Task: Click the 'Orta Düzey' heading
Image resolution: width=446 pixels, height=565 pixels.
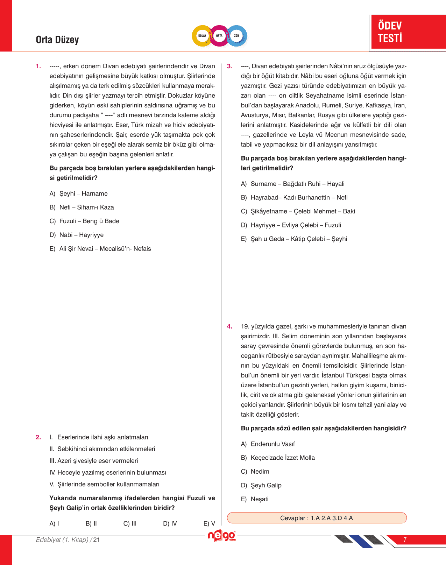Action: (57, 40)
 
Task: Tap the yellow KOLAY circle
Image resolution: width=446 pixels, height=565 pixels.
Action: (202, 36)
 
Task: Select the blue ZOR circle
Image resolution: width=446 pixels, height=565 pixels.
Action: (237, 36)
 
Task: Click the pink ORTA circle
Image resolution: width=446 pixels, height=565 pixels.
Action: (219, 36)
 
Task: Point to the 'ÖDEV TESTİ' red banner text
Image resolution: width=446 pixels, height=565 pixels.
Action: (390, 32)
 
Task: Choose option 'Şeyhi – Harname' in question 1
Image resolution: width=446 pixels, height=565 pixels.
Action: (83, 193)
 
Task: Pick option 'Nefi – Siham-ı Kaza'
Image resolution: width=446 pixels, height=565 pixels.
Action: (86, 207)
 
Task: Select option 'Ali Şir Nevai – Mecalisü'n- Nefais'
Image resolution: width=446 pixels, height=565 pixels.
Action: (105, 249)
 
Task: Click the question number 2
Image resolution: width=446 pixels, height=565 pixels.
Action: (38, 437)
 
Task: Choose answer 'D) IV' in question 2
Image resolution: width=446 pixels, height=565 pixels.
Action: (170, 523)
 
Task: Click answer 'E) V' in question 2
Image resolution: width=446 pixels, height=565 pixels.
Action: (209, 523)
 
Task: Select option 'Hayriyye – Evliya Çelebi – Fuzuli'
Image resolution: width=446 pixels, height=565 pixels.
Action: (296, 225)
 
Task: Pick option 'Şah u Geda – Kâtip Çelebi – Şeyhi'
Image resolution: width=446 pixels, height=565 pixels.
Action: (299, 239)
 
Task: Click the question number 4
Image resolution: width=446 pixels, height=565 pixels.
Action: (229, 326)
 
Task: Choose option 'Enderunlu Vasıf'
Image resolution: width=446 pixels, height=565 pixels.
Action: (272, 444)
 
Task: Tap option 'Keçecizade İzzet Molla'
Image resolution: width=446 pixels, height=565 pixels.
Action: (283, 458)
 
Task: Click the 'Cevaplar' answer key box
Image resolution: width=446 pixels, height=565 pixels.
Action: (317, 518)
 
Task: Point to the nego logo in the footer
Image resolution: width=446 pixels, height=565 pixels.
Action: (221, 536)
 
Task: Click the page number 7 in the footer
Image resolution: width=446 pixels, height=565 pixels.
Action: (405, 539)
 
